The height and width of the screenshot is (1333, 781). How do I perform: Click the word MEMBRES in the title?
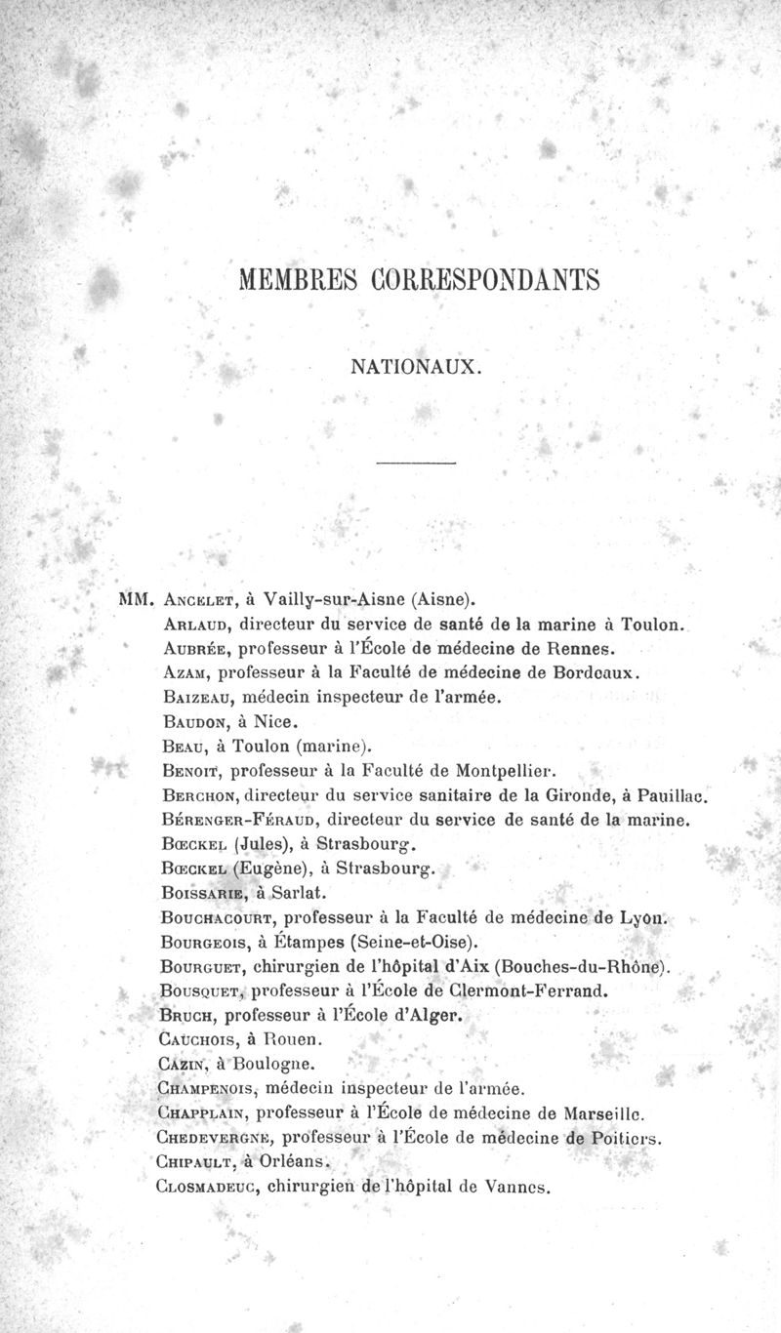(x=296, y=279)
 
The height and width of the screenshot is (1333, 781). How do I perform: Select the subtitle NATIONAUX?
(x=416, y=368)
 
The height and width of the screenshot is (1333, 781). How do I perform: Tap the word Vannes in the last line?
(x=518, y=1188)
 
